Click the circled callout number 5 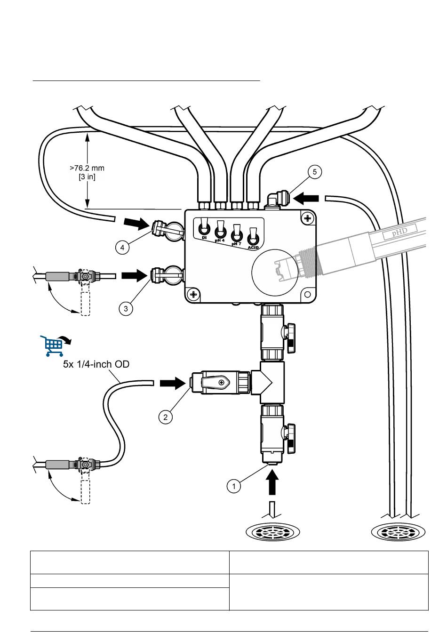coord(315,172)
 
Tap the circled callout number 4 coord(122,247)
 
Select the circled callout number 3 coord(126,308)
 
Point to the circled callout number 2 coord(165,417)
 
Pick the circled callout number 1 coord(234,486)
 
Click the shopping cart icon coord(53,345)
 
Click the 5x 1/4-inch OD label coord(96,364)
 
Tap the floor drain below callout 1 coord(273,532)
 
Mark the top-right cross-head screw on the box coord(307,218)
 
